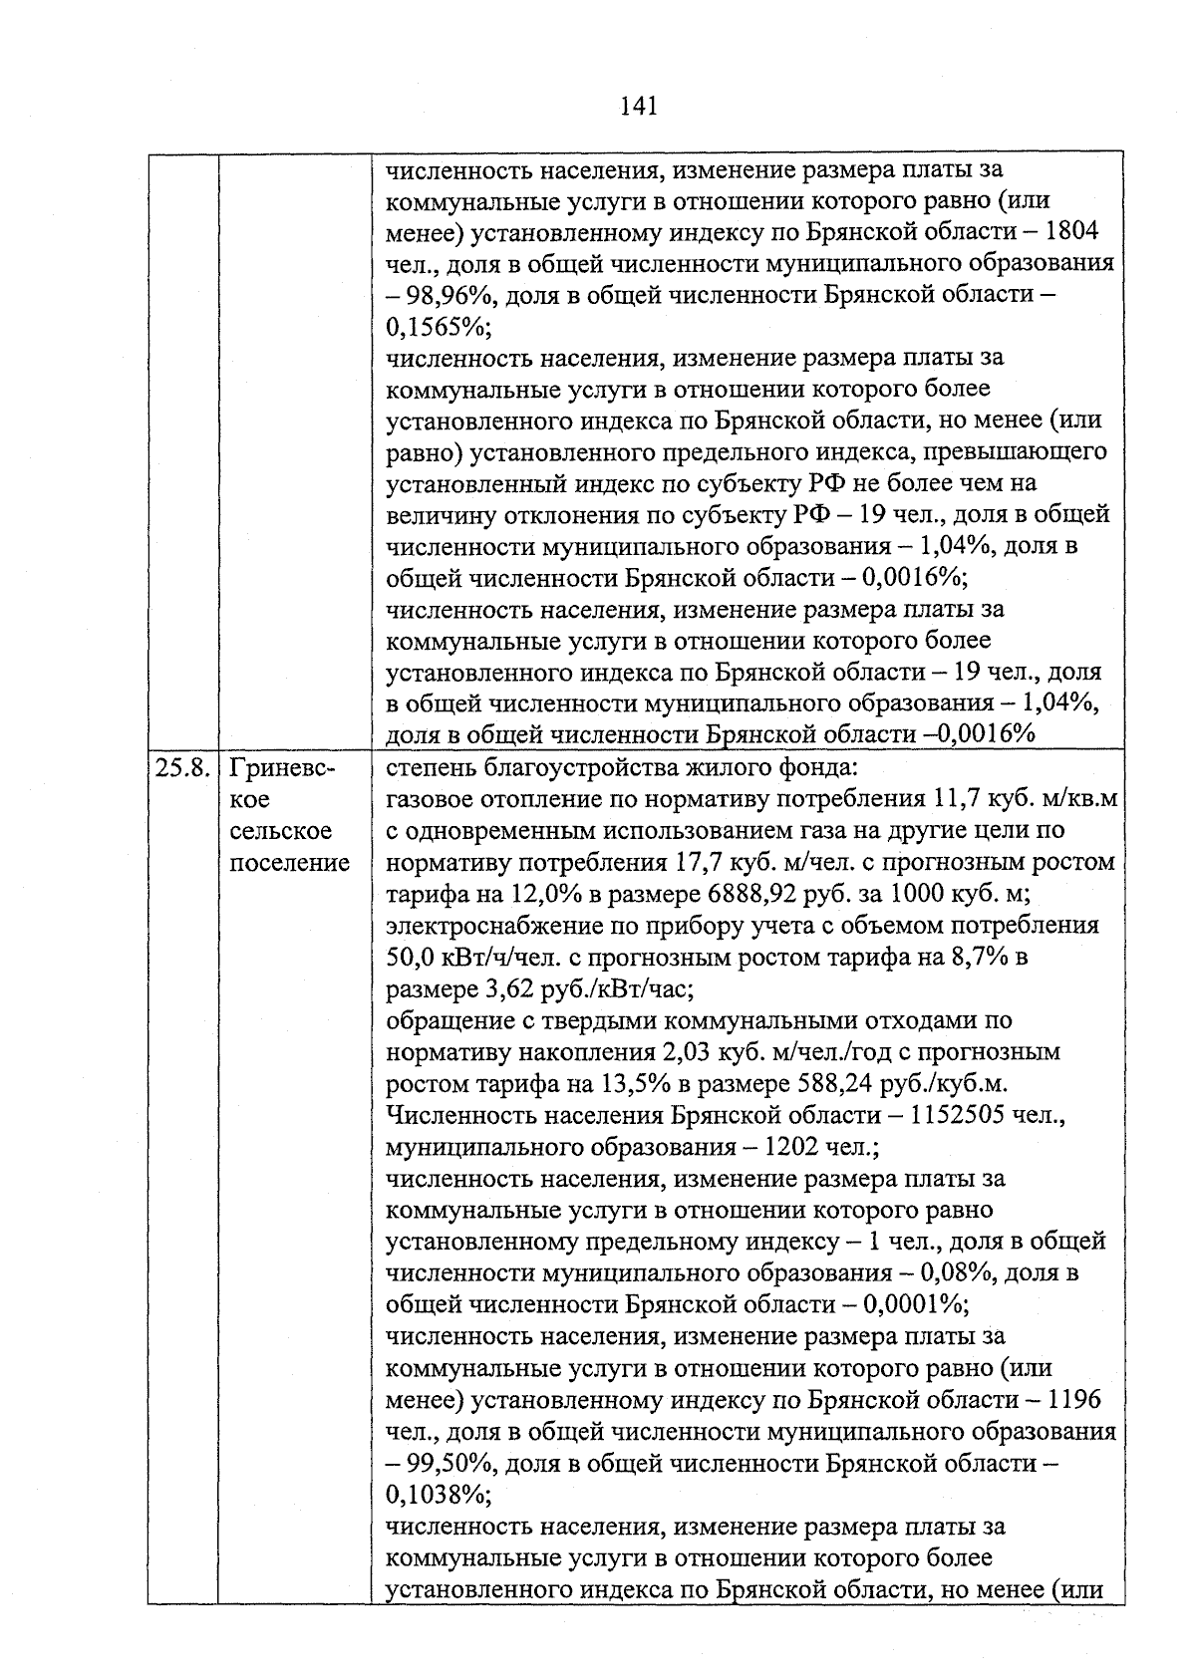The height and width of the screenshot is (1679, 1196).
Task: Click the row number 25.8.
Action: coord(182,768)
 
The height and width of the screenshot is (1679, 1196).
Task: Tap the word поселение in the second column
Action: coord(289,863)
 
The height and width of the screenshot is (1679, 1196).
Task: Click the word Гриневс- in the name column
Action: coord(282,768)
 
